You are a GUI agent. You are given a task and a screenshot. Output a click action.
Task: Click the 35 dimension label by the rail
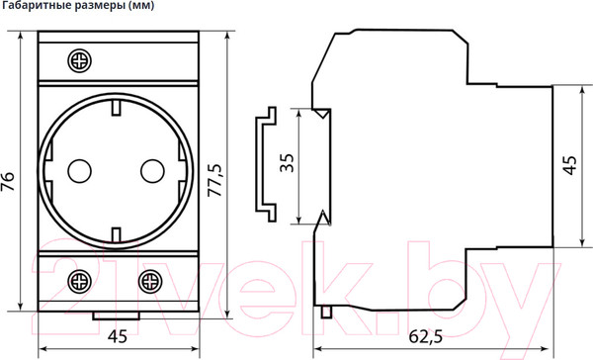(x=287, y=163)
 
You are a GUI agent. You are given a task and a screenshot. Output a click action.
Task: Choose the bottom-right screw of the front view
(x=150, y=280)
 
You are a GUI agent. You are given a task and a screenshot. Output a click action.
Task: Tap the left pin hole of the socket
(x=77, y=170)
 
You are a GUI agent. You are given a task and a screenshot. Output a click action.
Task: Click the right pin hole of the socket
(x=150, y=170)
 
